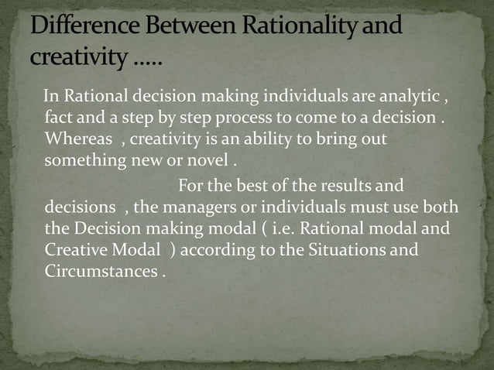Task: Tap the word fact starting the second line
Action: [x=58, y=118]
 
